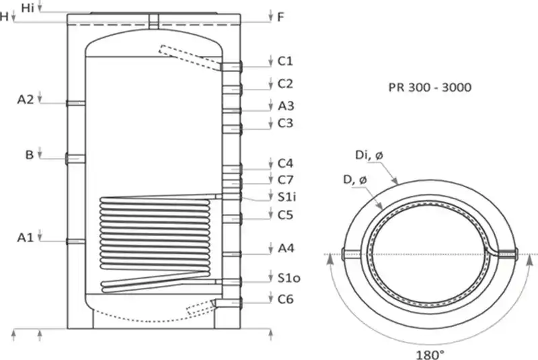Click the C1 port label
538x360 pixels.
point(286,61)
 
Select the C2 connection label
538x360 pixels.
point(286,83)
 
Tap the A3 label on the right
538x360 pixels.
point(286,106)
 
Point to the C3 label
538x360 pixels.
point(286,123)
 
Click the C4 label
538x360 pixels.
point(286,164)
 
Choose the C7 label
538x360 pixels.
point(286,180)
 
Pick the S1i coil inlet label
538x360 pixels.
point(287,197)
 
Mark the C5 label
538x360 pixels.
point(286,215)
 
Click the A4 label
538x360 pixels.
point(286,248)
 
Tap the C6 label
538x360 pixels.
point(286,298)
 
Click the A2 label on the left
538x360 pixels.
point(26,100)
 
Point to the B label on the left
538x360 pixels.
point(30,155)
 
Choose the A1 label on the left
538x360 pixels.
point(26,237)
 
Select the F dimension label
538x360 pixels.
point(281,17)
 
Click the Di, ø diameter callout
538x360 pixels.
point(369,156)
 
